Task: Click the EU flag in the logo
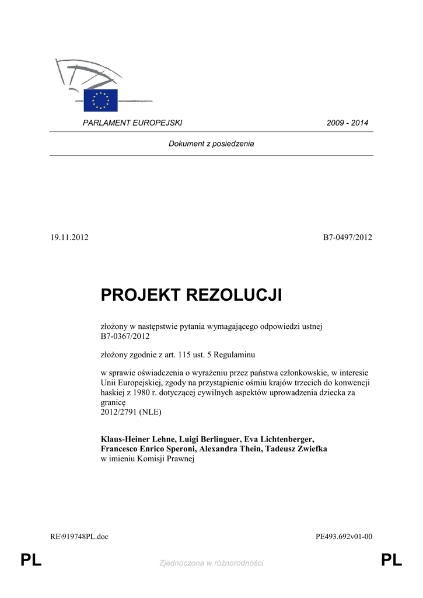[100, 100]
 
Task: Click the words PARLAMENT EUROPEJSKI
[132, 123]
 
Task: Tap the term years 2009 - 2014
[347, 123]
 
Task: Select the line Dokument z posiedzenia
[211, 144]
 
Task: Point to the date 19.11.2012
[69, 237]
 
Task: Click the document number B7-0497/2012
[348, 237]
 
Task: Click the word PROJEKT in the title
[141, 295]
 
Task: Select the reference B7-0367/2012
[125, 336]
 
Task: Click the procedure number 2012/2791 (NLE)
[131, 412]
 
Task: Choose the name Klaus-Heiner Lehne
[138, 439]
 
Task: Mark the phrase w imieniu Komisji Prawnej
[147, 459]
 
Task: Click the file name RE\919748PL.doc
[79, 537]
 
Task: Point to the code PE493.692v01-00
[344, 537]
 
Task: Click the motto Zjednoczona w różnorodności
[211, 563]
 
